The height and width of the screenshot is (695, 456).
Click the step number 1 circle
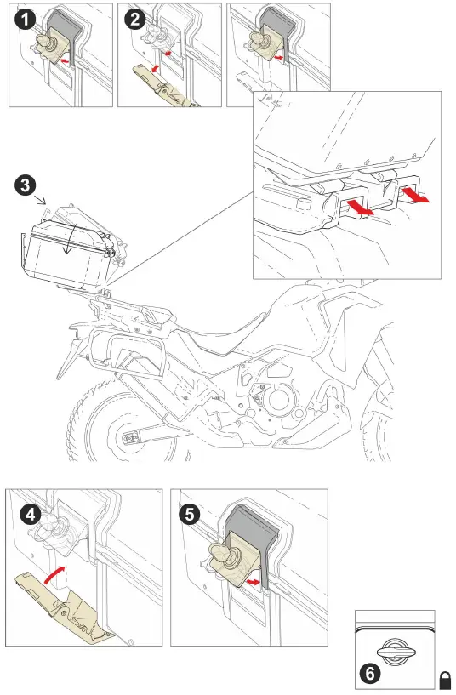24,20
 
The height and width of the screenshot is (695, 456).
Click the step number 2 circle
134,20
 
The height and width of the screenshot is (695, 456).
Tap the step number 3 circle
26,184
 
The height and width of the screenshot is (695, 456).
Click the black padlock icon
445,679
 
